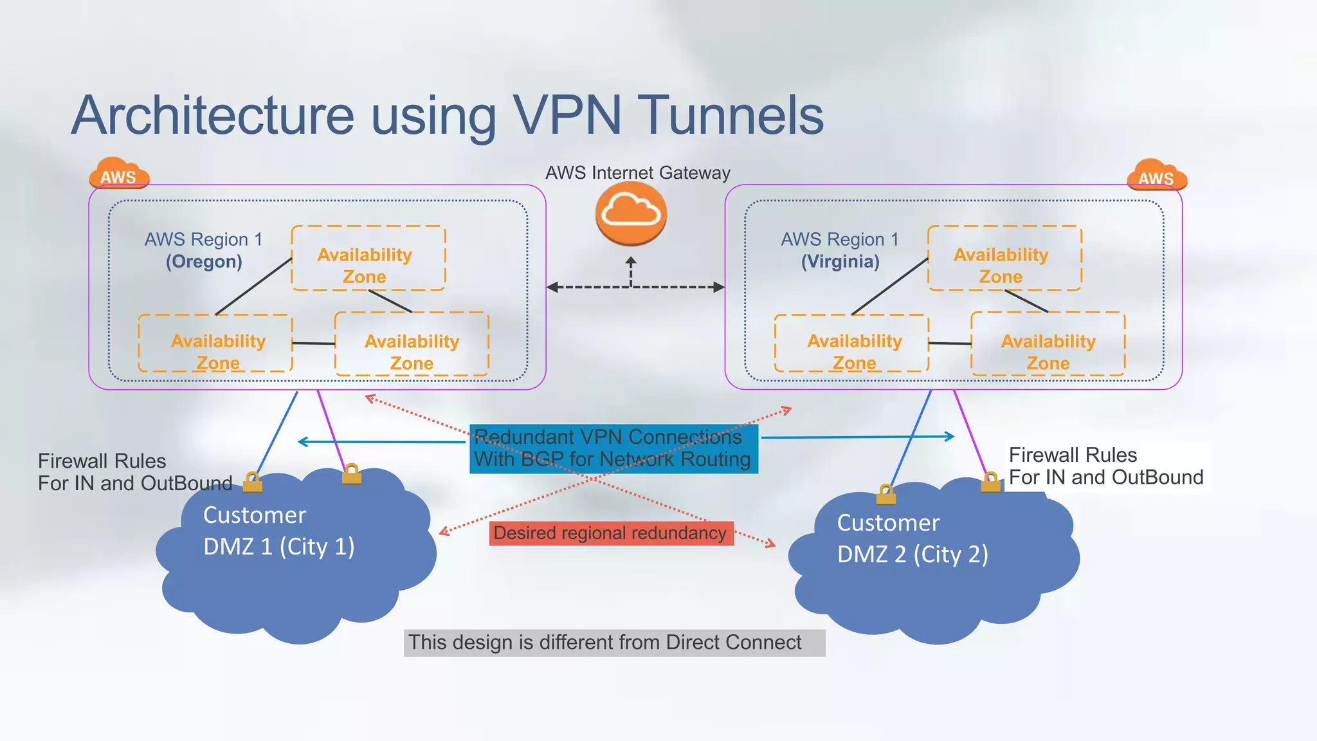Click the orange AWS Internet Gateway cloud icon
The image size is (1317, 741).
point(631,213)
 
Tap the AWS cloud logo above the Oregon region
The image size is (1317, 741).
point(119,174)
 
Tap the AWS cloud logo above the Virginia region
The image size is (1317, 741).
point(1157,176)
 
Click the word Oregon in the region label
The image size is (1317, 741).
point(204,262)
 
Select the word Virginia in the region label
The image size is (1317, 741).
point(840,262)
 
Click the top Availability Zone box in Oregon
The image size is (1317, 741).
point(368,258)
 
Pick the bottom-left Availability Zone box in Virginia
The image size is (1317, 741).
point(851,343)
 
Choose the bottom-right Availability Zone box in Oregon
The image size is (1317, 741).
point(412,344)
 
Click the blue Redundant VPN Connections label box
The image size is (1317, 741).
point(613,448)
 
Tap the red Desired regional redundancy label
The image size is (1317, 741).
point(611,533)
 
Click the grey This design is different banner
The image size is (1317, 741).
point(613,643)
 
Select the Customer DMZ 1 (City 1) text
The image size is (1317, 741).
point(278,531)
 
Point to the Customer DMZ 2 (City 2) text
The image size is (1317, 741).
point(912,538)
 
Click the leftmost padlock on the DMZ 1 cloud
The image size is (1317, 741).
point(253,482)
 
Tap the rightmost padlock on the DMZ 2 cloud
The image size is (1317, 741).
point(990,482)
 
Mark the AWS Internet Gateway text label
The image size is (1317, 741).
point(637,172)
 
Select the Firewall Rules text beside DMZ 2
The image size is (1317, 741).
point(1105,466)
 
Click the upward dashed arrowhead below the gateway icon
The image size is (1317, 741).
point(631,262)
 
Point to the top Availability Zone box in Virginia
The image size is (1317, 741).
point(1004,258)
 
